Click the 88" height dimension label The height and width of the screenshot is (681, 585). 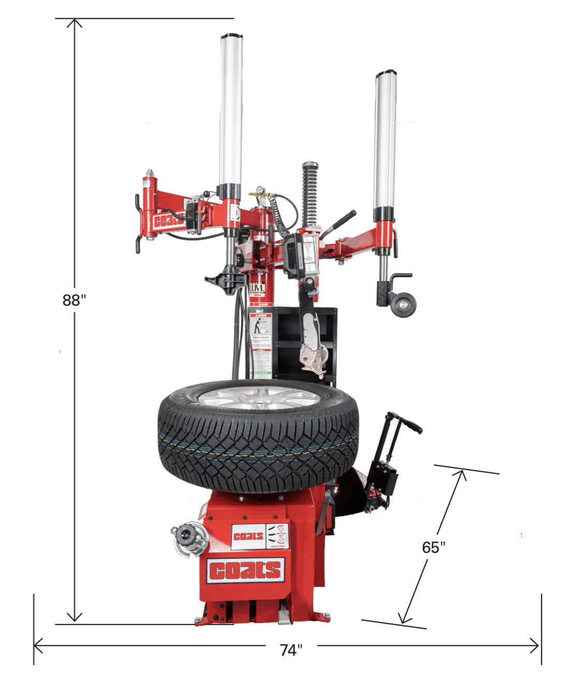coord(74,300)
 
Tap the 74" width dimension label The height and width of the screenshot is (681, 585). coord(291,649)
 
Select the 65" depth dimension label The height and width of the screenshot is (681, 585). coord(433,547)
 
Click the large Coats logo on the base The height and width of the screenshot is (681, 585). coord(245,571)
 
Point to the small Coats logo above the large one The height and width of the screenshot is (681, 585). coord(248,536)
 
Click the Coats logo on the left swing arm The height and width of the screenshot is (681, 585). coord(168,221)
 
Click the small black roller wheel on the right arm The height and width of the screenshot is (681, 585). coord(403,304)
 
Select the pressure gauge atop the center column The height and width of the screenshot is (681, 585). coord(256,191)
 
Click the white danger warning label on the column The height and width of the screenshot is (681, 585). coord(261,343)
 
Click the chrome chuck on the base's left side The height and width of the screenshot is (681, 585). coord(188,537)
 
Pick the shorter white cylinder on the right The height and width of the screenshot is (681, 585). coord(386,140)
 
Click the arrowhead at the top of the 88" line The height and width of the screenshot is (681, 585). coord(75,23)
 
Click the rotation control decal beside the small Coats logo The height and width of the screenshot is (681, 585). coord(279,536)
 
